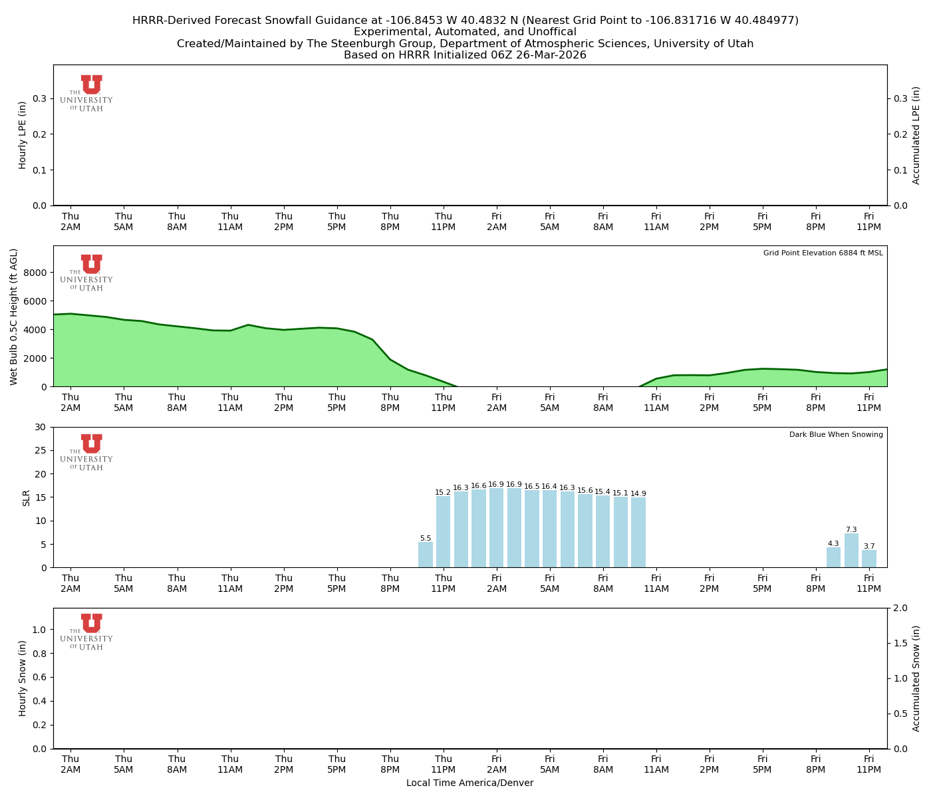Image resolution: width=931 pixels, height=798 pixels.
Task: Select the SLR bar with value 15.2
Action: tap(444, 532)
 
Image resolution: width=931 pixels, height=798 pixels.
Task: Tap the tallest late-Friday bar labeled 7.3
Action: tap(851, 551)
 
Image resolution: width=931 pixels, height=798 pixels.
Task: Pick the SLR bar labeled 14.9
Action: tap(638, 533)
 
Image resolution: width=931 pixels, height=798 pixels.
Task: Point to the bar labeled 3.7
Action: tap(869, 559)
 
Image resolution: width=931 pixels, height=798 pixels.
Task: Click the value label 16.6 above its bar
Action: tap(479, 486)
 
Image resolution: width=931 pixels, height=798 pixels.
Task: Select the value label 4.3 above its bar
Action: tap(833, 543)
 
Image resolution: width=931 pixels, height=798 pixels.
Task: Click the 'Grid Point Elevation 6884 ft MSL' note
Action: tap(823, 253)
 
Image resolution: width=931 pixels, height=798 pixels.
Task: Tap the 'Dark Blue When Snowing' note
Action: tap(836, 435)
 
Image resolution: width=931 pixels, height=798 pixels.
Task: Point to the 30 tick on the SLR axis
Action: tap(41, 427)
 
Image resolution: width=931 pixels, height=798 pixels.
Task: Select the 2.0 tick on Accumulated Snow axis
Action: tap(898, 608)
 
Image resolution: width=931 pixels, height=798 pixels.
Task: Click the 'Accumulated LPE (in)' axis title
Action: tap(916, 135)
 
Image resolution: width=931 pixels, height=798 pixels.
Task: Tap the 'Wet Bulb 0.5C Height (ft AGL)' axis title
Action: tap(14, 317)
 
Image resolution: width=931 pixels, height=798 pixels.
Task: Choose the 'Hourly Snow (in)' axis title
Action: tap(23, 678)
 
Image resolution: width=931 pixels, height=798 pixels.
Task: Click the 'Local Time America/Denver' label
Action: tap(469, 783)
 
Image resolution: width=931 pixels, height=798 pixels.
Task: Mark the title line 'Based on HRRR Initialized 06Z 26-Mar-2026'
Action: tap(465, 55)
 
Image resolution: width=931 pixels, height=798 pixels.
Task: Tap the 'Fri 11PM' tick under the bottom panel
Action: tap(868, 763)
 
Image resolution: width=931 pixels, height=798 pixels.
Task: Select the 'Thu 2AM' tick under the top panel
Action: tap(70, 221)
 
